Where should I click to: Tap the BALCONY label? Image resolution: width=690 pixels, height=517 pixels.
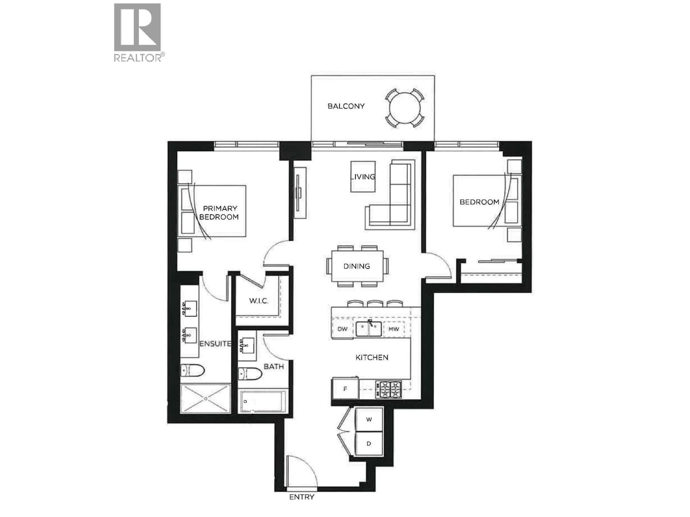(346, 106)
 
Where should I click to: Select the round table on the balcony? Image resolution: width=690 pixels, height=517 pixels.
(405, 108)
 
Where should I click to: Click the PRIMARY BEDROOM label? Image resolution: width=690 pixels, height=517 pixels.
(219, 213)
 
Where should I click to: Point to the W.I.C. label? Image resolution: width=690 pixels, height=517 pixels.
(258, 301)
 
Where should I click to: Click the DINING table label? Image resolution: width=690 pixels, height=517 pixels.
(356, 266)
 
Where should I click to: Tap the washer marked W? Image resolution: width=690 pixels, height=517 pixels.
(369, 420)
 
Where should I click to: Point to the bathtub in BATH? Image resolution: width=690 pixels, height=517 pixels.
(263, 401)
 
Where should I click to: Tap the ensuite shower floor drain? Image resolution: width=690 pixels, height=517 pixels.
(206, 399)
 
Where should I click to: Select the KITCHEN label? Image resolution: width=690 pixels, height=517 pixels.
(372, 357)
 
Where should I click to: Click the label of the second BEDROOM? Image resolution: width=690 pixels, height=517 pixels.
(479, 202)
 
